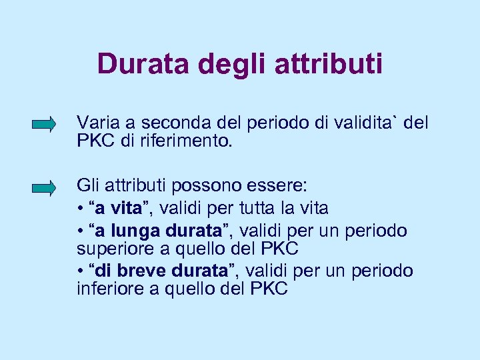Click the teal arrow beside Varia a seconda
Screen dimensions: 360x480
click(44, 124)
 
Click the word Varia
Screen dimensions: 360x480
click(96, 123)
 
